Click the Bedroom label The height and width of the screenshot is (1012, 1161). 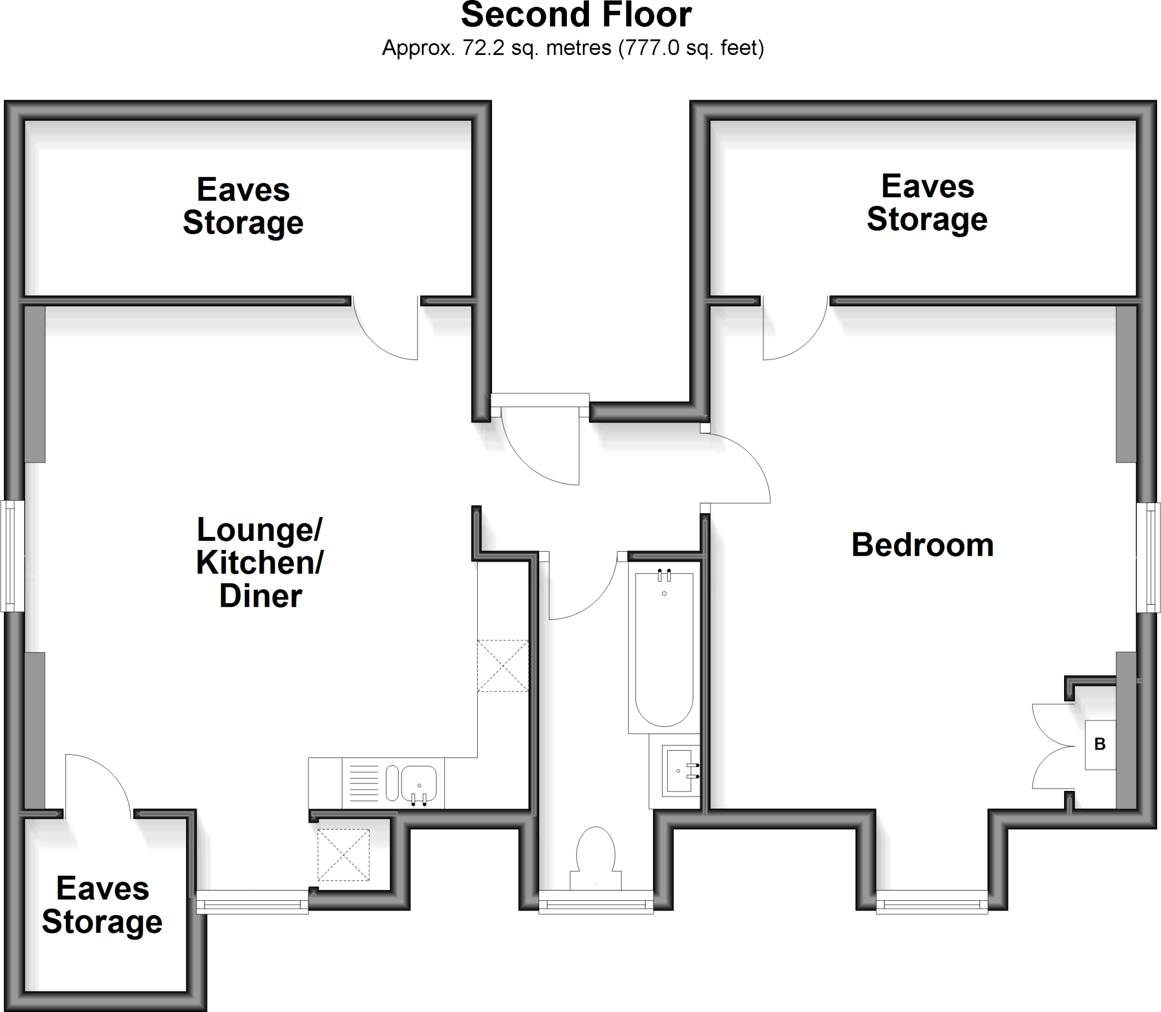922,545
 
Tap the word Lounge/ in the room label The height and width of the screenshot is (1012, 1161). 260,530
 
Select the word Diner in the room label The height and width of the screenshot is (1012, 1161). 261,596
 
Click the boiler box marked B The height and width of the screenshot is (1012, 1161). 1100,744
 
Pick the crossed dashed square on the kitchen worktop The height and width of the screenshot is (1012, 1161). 503,666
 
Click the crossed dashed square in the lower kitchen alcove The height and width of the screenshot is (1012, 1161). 343,855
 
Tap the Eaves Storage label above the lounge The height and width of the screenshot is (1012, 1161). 243,206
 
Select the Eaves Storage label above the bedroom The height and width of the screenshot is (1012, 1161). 927,203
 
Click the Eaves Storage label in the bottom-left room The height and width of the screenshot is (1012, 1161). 103,905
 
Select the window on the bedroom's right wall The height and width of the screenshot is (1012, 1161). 1149,557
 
